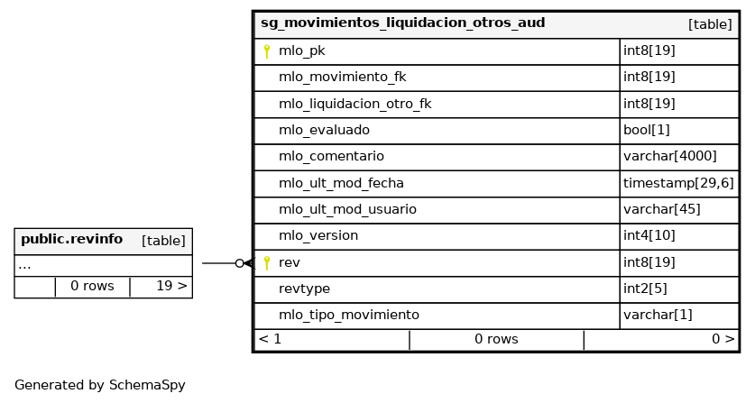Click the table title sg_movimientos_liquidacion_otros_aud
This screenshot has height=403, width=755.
402,23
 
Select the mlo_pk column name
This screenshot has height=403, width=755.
302,51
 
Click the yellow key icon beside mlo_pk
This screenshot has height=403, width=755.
267,51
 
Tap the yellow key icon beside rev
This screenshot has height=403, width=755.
267,263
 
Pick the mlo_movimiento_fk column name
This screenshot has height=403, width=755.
343,77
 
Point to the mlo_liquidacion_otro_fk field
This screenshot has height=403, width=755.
354,104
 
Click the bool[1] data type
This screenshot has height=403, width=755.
646,130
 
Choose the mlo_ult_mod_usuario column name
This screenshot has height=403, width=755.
347,209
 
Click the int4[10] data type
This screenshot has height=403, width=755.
649,235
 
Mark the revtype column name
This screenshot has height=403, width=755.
304,289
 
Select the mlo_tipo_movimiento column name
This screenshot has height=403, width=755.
349,315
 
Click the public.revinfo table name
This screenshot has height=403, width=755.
72,239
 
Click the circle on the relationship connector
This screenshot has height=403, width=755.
239,263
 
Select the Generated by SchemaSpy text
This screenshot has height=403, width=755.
99,385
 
